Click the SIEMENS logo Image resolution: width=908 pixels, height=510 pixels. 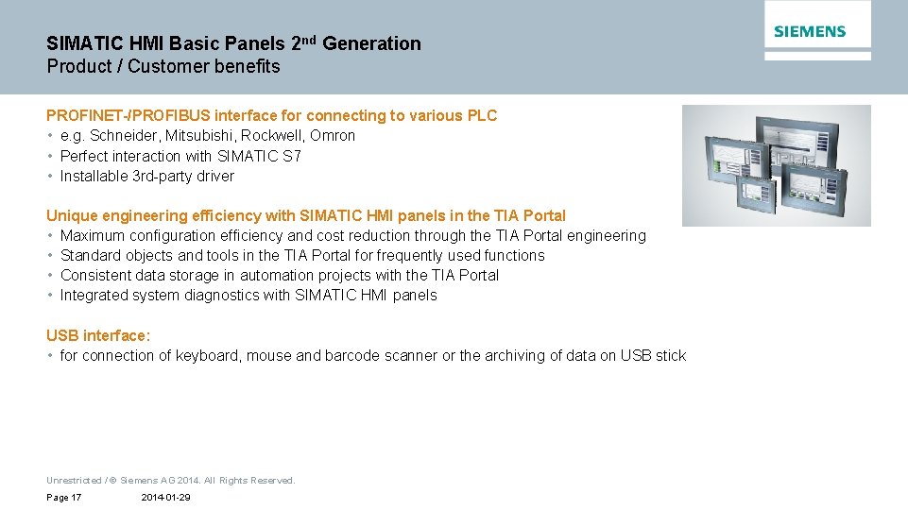[x=810, y=32]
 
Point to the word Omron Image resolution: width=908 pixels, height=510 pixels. [x=333, y=136]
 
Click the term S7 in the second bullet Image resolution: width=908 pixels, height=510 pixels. [x=292, y=156]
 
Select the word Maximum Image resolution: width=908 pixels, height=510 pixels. [x=93, y=236]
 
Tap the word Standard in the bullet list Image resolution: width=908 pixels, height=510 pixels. [x=92, y=256]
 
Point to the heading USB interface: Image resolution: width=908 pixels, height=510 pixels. [x=98, y=336]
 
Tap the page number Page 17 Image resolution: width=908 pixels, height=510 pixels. [x=63, y=498]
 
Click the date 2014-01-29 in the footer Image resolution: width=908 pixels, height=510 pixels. [x=165, y=498]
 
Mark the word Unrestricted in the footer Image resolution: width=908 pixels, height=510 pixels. [x=74, y=481]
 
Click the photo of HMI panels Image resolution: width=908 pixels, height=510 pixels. [x=776, y=165]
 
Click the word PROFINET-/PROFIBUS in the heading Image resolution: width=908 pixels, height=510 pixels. [x=128, y=116]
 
